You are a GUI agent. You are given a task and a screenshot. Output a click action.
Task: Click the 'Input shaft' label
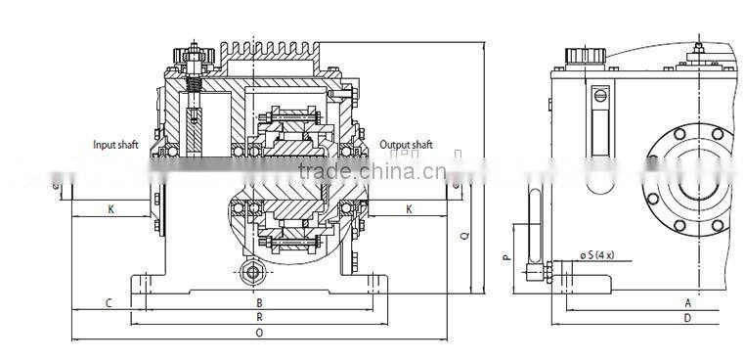click(115, 145)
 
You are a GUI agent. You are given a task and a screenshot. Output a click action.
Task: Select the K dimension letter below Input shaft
click(110, 208)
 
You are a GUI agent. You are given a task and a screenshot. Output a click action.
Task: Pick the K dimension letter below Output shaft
click(408, 208)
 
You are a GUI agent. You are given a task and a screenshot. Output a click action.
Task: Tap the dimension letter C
click(109, 303)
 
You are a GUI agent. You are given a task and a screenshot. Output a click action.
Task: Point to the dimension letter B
click(258, 303)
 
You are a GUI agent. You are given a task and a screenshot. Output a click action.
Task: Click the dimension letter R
click(258, 318)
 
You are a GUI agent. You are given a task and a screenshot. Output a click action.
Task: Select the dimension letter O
click(258, 334)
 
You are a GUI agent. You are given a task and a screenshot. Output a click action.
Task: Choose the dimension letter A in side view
click(688, 303)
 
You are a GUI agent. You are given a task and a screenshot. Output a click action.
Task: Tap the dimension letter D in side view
click(688, 318)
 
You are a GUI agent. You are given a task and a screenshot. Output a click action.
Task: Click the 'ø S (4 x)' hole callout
click(596, 256)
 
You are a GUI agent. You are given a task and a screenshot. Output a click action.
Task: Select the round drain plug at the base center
click(256, 273)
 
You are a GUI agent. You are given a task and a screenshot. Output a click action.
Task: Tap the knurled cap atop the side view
click(589, 55)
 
